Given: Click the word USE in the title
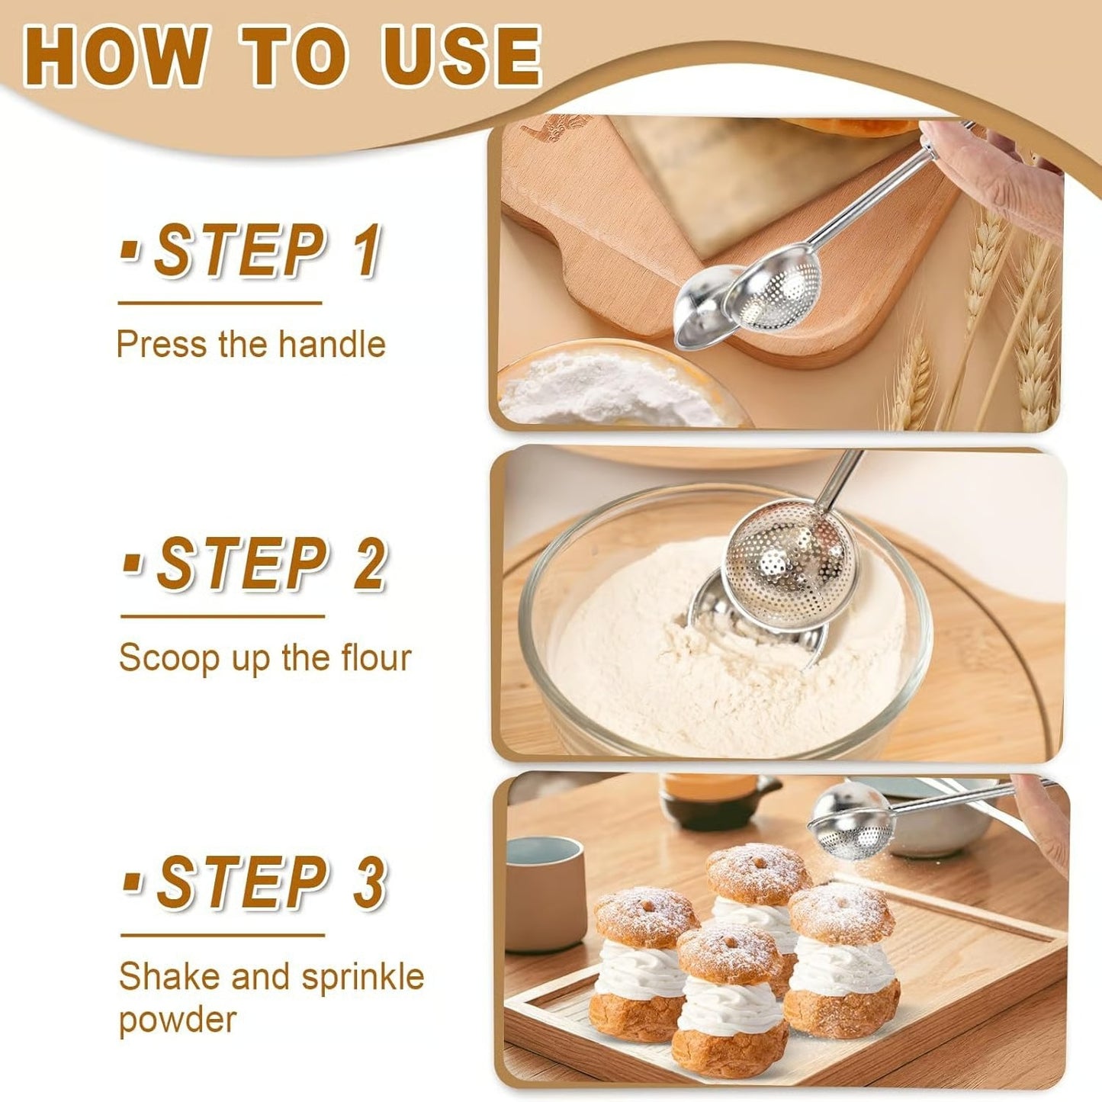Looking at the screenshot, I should (x=461, y=57).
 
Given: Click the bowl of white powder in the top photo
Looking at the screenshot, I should (x=610, y=385).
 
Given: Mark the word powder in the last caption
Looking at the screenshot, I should (x=177, y=1020).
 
